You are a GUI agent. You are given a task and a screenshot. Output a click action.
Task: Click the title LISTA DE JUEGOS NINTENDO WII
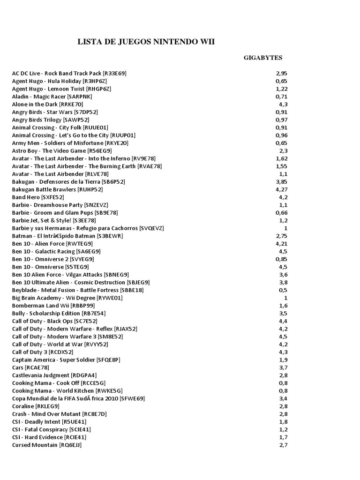point(146,42)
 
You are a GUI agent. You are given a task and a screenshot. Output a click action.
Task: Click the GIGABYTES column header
point(262,58)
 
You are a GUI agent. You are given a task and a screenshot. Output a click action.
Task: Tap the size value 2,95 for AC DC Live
point(281,74)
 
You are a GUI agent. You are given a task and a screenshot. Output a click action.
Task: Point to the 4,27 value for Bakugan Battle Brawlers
point(281,189)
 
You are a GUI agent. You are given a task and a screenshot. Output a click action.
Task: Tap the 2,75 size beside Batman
point(281,236)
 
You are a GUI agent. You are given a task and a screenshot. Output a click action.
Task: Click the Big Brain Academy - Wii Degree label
point(67,298)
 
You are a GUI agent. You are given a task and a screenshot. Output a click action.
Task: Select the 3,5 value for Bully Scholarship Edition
point(283,313)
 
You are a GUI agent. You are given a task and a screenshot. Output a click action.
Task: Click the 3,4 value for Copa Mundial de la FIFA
point(283,398)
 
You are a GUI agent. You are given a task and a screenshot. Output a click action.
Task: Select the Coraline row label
point(36,406)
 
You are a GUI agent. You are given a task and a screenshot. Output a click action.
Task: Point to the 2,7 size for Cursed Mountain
point(283,445)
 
